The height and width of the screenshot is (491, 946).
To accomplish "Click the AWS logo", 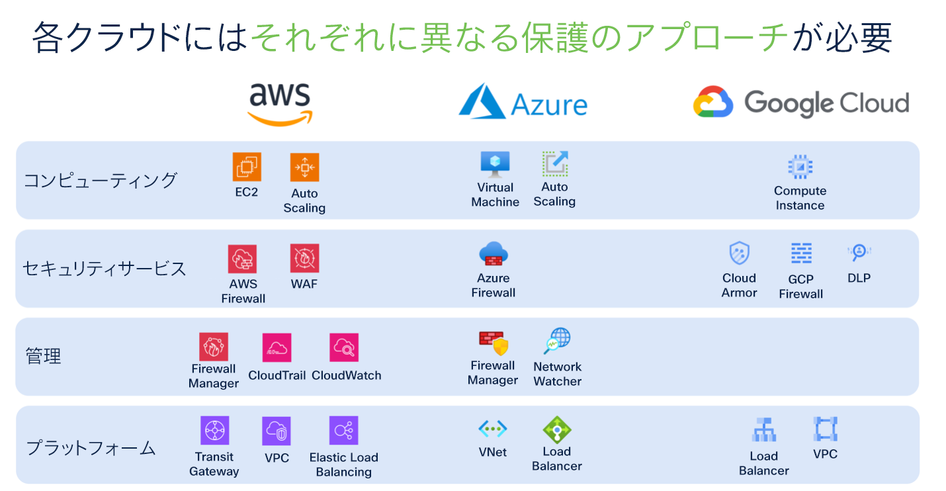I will (x=280, y=105).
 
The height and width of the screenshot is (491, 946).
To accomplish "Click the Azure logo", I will (x=523, y=103).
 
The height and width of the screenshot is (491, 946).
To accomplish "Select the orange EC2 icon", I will (x=247, y=167).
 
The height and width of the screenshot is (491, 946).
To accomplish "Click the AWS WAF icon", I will (x=304, y=258).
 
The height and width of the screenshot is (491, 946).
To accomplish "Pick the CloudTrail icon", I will (x=277, y=347).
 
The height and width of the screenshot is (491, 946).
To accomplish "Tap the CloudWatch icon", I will (x=344, y=347).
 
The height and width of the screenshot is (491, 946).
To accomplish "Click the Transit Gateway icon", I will (x=214, y=431).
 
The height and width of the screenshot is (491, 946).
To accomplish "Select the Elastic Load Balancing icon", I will (x=343, y=431).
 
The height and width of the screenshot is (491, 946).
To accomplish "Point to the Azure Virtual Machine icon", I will (x=495, y=164).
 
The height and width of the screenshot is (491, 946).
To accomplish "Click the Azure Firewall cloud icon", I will (x=494, y=254).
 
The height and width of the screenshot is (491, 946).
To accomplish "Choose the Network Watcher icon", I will (x=557, y=341).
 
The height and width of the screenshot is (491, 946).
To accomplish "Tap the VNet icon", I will (x=493, y=429).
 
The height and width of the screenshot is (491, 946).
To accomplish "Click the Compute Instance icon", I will (x=800, y=167).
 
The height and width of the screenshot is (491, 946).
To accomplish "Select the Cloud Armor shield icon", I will (x=739, y=253).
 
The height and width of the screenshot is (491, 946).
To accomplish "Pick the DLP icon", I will (x=859, y=253).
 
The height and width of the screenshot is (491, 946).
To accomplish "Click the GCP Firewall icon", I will (x=801, y=253).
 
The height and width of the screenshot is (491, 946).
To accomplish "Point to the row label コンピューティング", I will (x=101, y=180).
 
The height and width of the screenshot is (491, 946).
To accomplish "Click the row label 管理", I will (x=44, y=356).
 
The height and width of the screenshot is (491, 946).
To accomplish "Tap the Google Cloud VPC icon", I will (x=825, y=429).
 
